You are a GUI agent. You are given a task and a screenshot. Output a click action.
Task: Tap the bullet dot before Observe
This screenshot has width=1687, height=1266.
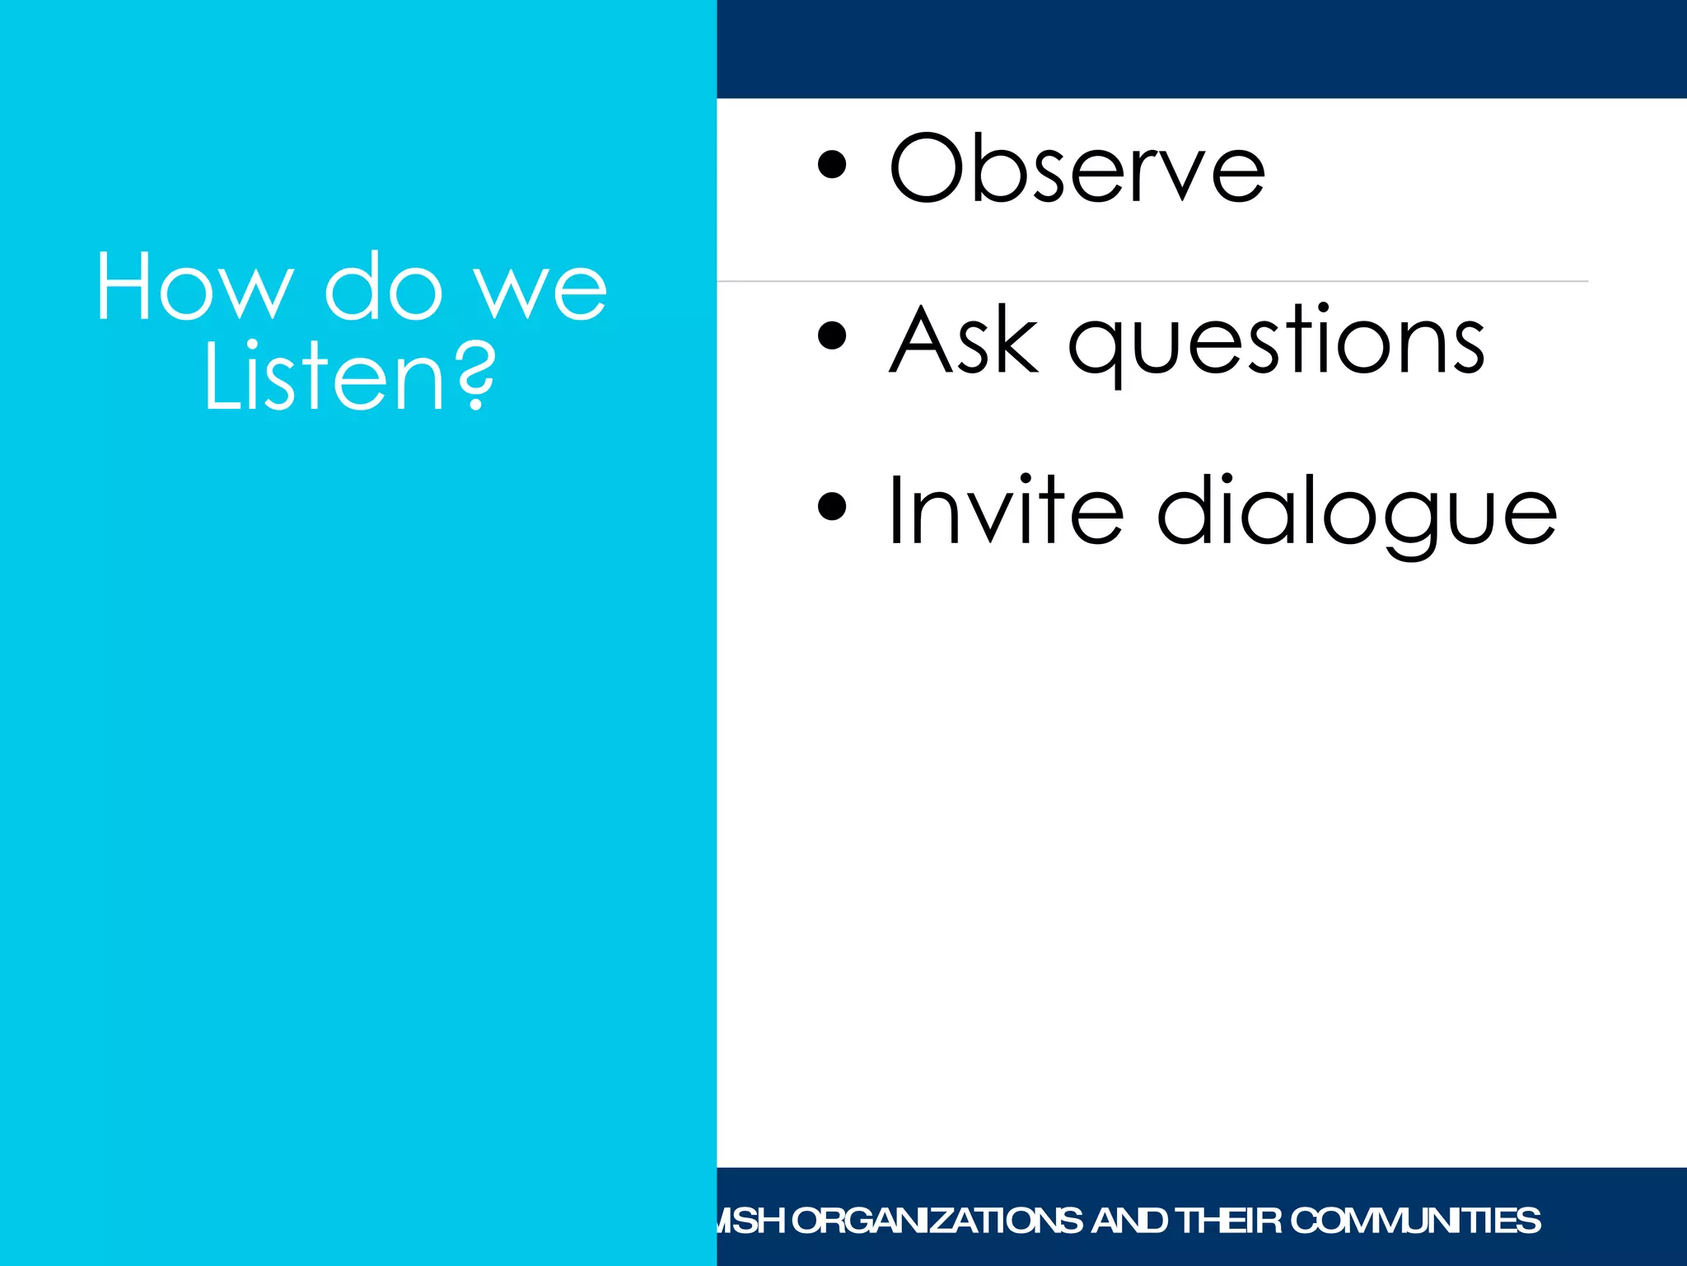click(x=832, y=164)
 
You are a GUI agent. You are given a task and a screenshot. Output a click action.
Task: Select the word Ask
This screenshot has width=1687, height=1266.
click(x=964, y=340)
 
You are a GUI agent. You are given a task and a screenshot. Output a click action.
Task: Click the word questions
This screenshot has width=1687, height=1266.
click(x=1277, y=343)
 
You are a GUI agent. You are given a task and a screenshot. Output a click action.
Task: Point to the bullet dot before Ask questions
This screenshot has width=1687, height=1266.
click(x=832, y=335)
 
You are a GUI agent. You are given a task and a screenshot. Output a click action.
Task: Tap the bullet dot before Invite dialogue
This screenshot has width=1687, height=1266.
click(x=832, y=506)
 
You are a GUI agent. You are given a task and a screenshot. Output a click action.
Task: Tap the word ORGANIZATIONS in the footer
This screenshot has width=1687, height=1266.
click(x=937, y=1221)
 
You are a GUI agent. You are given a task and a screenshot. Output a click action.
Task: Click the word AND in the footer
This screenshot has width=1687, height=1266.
click(x=1129, y=1221)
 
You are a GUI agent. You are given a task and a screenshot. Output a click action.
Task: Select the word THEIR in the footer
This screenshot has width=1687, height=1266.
click(x=1228, y=1221)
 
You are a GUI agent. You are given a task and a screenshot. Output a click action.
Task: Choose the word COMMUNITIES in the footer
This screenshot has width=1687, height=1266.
click(x=1415, y=1221)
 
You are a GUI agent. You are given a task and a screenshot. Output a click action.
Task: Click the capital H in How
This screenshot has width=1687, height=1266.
click(x=124, y=286)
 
